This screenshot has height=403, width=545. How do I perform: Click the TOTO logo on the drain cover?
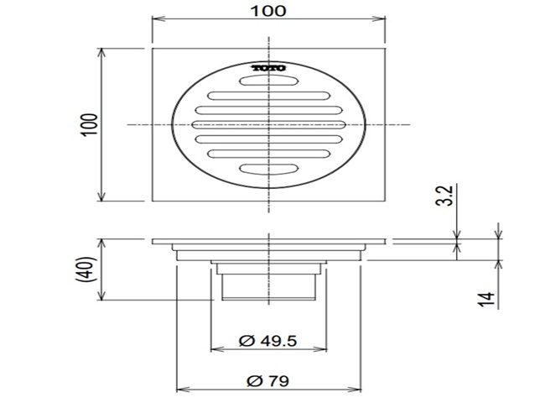[268, 68]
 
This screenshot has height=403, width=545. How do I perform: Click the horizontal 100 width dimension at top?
[268, 11]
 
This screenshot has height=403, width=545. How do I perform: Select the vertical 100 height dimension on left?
[90, 124]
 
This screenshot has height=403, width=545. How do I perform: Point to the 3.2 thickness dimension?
[444, 196]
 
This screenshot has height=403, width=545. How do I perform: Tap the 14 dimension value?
[485, 299]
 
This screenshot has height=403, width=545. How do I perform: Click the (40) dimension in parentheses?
[85, 269]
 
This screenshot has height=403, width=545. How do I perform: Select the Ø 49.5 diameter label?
[268, 341]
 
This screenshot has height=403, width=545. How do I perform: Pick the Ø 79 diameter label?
[268, 380]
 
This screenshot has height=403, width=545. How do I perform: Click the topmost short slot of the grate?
[268, 81]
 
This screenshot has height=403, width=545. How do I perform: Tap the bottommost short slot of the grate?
[268, 169]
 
